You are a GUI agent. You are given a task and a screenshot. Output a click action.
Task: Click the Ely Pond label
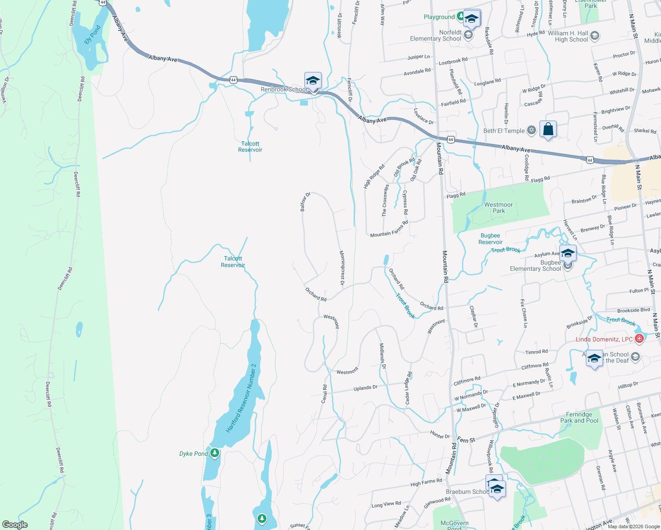tap(93, 34)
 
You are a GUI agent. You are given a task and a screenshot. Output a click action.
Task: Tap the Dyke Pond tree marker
tap(215, 453)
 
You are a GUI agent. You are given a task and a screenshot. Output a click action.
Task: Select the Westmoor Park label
tap(498, 208)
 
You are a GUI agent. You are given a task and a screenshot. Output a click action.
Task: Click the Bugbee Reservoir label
tap(490, 239)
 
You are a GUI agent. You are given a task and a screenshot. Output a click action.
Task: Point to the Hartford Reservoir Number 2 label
tap(241, 398)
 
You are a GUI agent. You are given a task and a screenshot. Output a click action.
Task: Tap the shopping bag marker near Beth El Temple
tap(548, 129)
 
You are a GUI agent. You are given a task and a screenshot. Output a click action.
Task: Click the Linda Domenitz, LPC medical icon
tap(639, 339)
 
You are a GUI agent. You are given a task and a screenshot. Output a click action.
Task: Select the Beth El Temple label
tap(504, 131)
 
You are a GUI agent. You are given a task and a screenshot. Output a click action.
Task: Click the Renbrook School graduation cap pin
tap(313, 81)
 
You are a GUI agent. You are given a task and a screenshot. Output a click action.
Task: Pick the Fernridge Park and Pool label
tap(579, 417)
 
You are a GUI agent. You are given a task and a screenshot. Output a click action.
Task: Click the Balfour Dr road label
tap(305, 201)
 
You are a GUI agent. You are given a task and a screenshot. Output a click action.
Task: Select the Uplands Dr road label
tap(365, 388)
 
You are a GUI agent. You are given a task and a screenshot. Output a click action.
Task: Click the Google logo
tap(15, 524)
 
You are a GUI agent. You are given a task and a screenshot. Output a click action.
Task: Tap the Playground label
tap(439, 17)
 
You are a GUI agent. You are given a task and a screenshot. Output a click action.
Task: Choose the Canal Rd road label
tap(325, 394)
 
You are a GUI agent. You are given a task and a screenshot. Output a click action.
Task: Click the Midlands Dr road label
tap(383, 356)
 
